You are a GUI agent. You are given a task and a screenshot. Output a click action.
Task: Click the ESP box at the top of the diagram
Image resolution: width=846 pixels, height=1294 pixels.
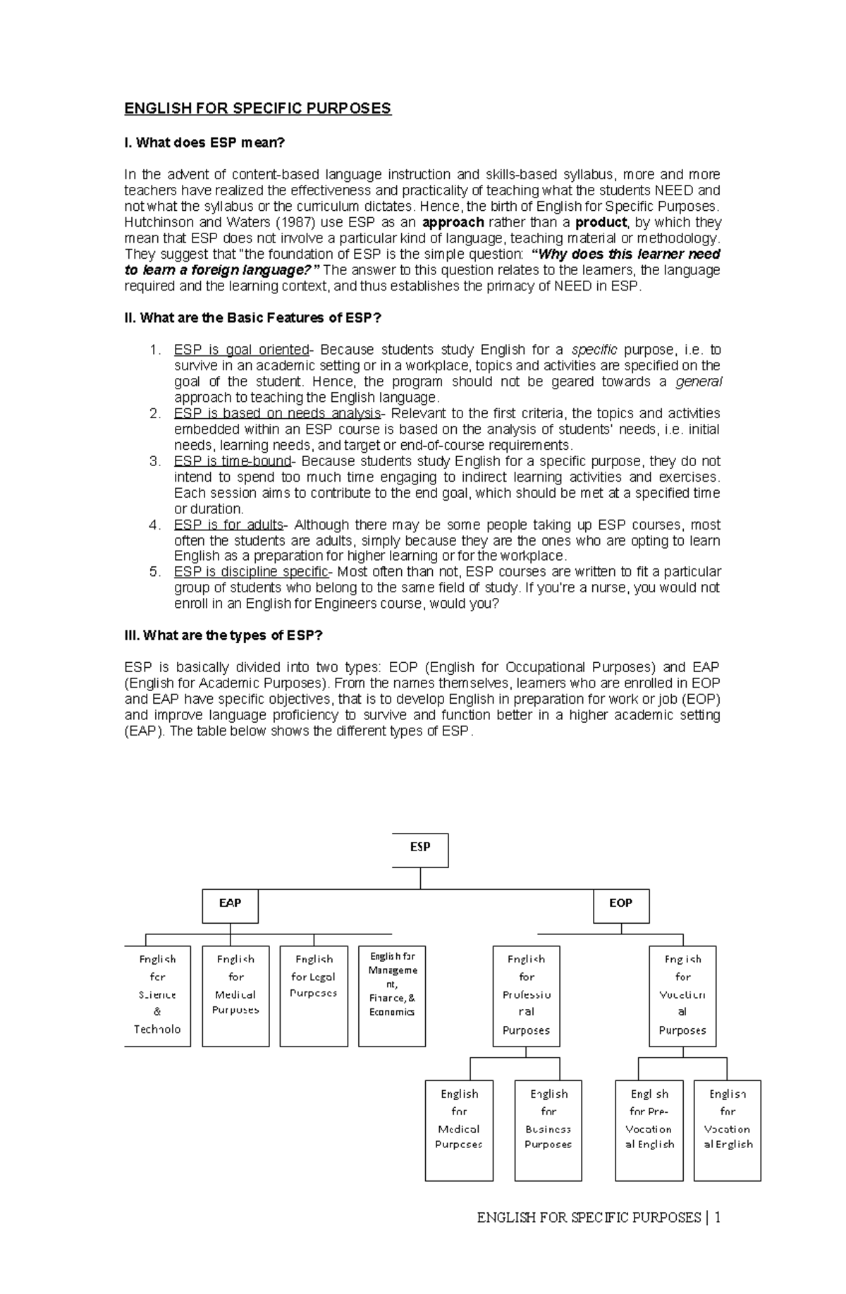tap(420, 850)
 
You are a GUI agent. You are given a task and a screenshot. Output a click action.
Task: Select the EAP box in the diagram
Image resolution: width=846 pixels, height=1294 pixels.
tap(230, 905)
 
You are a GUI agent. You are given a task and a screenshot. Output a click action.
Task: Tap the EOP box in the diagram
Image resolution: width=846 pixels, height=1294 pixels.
tap(620, 905)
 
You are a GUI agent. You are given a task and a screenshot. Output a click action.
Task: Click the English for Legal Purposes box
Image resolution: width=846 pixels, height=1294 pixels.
tap(314, 996)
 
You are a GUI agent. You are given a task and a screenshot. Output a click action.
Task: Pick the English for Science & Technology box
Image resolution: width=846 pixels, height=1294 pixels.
tap(157, 996)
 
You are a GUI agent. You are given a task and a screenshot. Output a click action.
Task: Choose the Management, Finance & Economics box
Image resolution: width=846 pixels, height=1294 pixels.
tap(392, 996)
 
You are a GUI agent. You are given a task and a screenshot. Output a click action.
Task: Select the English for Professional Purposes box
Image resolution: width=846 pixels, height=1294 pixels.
tap(526, 996)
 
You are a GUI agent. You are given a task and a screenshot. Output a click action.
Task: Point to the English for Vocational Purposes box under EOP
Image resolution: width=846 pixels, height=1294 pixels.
tap(682, 996)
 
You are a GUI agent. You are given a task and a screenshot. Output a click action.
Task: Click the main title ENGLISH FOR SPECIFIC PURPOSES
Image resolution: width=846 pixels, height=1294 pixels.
tap(257, 109)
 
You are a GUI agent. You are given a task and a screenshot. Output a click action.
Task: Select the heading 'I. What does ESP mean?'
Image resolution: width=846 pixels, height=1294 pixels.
tap(204, 143)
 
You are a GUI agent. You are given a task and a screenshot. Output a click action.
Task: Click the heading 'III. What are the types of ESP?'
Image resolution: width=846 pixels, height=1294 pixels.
tap(223, 635)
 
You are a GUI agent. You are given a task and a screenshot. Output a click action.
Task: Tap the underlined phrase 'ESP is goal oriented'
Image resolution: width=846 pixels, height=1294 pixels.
tap(241, 350)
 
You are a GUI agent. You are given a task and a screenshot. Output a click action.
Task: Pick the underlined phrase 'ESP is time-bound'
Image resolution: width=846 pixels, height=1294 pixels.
tap(233, 461)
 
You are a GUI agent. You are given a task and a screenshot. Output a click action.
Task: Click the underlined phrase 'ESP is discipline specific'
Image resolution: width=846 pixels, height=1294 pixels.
tap(251, 572)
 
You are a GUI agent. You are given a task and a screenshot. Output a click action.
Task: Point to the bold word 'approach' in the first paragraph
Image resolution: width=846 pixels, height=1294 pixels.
tap(453, 223)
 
